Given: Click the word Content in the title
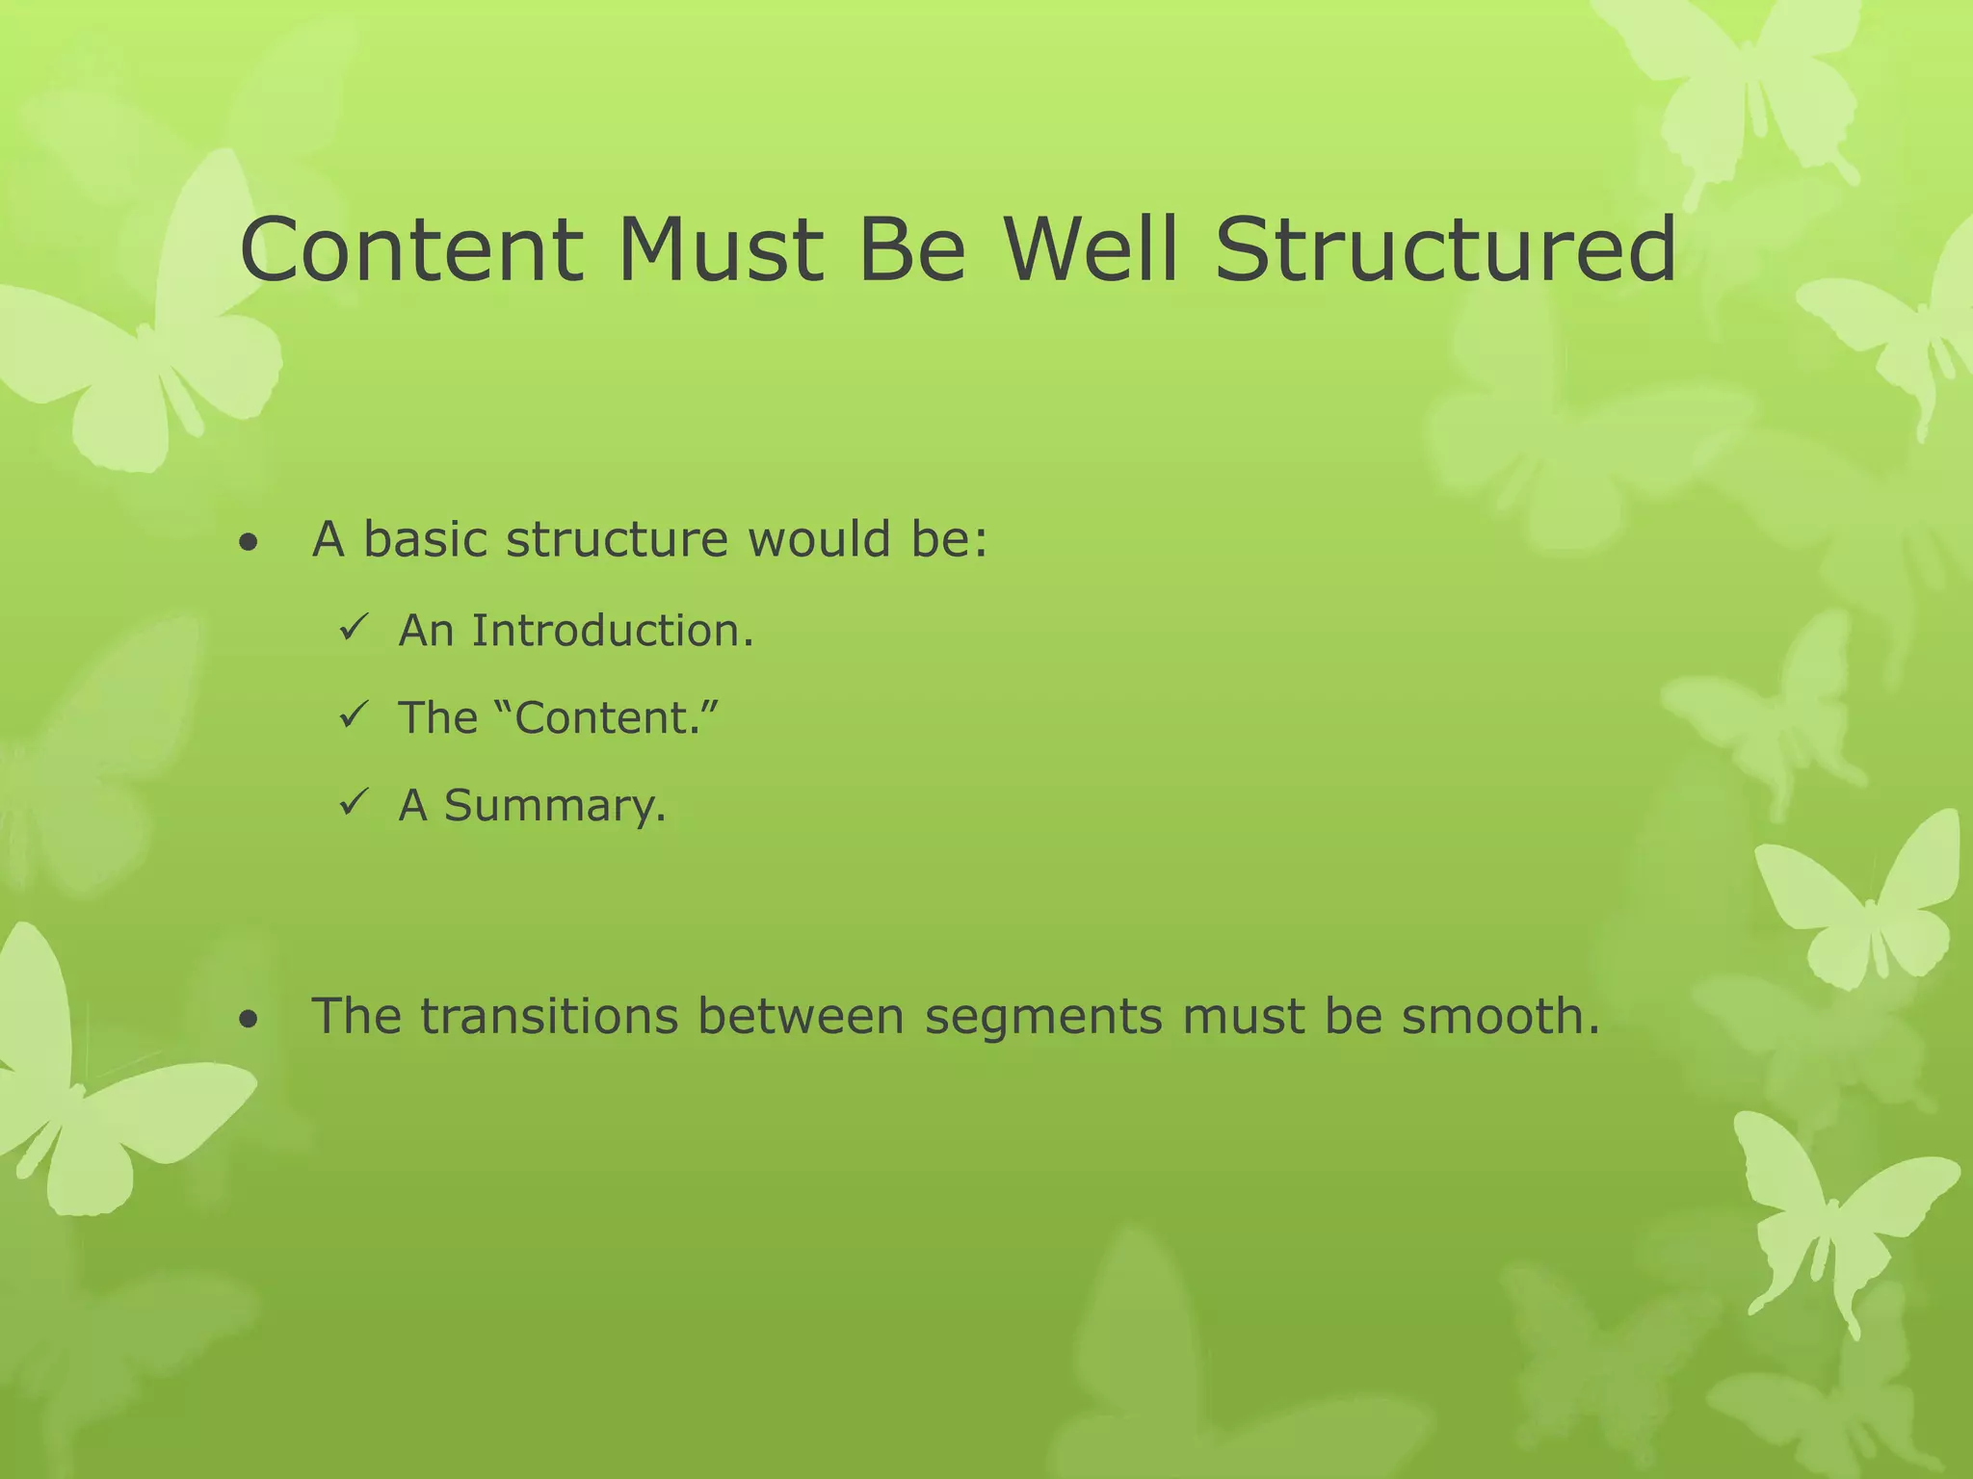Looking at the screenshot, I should pyautogui.click(x=411, y=250).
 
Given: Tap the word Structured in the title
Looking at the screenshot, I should pyautogui.click(x=1445, y=250).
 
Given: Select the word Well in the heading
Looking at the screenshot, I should pyautogui.click(x=1091, y=250).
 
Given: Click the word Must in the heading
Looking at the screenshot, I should pyautogui.click(x=720, y=250).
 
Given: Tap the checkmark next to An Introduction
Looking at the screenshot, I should pyautogui.click(x=351, y=630).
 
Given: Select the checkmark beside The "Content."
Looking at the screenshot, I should pyautogui.click(x=351, y=716).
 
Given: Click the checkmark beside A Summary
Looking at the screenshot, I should pyautogui.click(x=351, y=801).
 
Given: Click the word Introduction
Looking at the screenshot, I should pyautogui.click(x=612, y=631).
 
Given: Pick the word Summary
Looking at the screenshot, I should pyautogui.click(x=555, y=805).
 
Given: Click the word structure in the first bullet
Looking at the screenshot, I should pyautogui.click(x=618, y=539).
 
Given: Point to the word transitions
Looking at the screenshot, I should pyautogui.click(x=549, y=1016).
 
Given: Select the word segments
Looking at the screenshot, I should pyautogui.click(x=1043, y=1018).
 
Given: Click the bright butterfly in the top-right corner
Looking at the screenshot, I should pyautogui.click(x=1734, y=87).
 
